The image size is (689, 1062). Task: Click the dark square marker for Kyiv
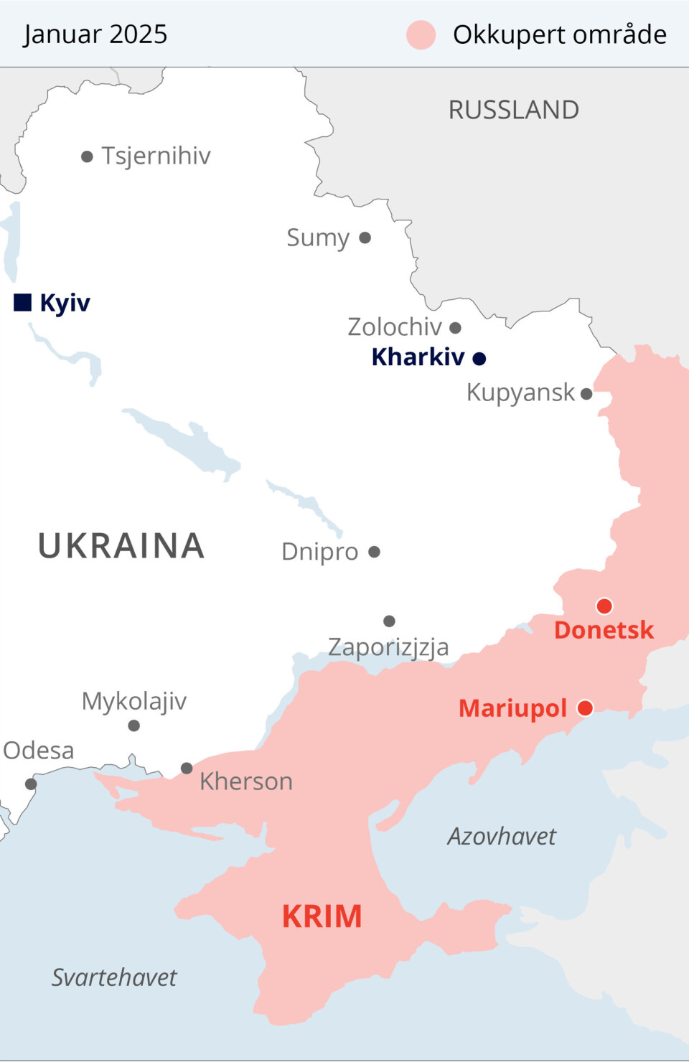tap(22, 302)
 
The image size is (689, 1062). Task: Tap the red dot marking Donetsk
tap(604, 606)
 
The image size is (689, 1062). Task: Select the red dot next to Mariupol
tap(585, 708)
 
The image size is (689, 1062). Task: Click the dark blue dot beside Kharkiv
tap(479, 358)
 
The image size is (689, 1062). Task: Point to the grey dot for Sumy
tap(365, 238)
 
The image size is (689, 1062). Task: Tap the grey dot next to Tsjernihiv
tap(87, 156)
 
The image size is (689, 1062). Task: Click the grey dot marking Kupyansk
tap(586, 393)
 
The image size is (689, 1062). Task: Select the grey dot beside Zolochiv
tap(455, 328)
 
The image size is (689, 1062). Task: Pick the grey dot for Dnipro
tap(374, 552)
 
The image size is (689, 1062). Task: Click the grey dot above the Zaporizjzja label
tap(389, 621)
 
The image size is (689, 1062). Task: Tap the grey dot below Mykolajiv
tap(133, 725)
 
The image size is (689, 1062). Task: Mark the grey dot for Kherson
tap(187, 768)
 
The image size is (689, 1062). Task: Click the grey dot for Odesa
tap(31, 784)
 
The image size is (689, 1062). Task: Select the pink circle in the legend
tap(421, 34)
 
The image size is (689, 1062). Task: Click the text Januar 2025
tap(95, 34)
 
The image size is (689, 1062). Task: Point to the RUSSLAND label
tap(513, 110)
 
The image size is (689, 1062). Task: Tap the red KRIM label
tap(322, 916)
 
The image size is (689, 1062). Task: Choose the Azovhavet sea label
tap(501, 836)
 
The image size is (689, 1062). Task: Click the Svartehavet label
tap(113, 977)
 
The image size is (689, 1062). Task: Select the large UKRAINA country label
tap(121, 545)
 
